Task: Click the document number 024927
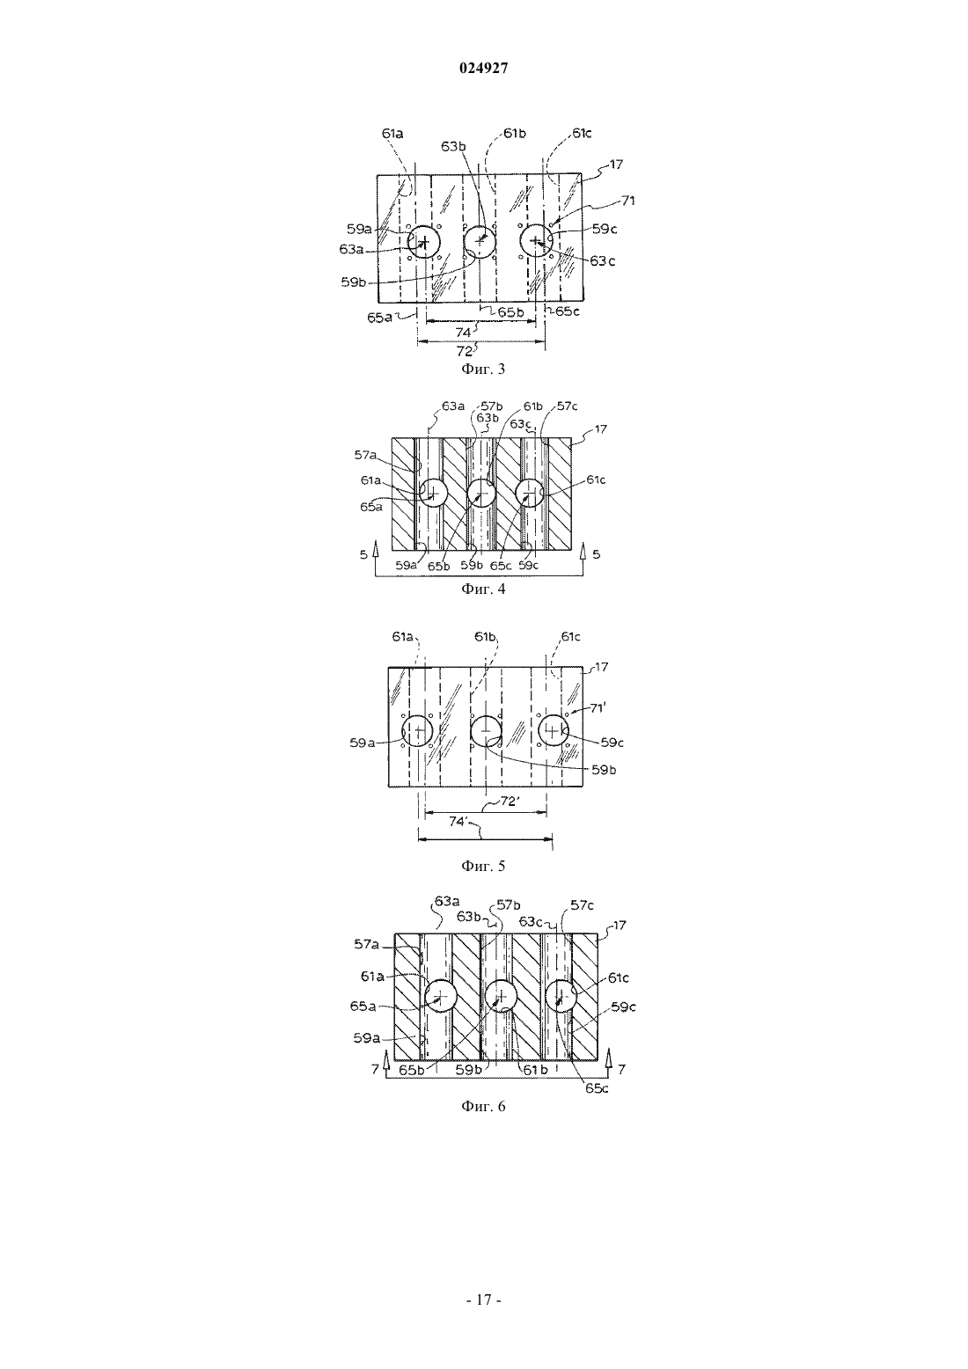pyautogui.click(x=483, y=69)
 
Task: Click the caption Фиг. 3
pyautogui.click(x=483, y=370)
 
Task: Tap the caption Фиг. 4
pyautogui.click(x=483, y=589)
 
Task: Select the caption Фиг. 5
pyautogui.click(x=483, y=866)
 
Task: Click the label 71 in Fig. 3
pyautogui.click(x=628, y=201)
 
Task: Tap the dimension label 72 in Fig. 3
pyautogui.click(x=465, y=351)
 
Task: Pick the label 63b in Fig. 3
pyautogui.click(x=453, y=147)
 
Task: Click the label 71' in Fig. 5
pyautogui.click(x=597, y=707)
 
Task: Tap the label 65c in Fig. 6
pyautogui.click(x=597, y=1087)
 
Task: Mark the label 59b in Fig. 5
pyautogui.click(x=603, y=770)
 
